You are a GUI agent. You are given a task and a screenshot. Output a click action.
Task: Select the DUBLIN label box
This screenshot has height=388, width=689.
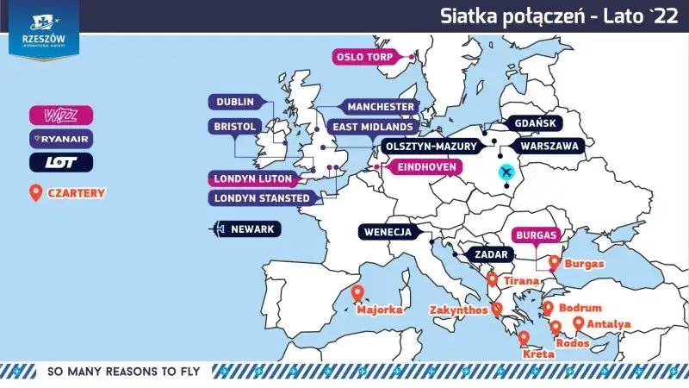click(x=233, y=102)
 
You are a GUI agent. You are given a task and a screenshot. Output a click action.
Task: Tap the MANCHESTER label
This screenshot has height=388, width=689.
click(x=380, y=107)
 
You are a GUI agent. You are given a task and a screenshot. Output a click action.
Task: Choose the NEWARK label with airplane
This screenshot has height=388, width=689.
click(x=248, y=229)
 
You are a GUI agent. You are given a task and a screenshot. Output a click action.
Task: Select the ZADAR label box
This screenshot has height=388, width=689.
click(x=489, y=255)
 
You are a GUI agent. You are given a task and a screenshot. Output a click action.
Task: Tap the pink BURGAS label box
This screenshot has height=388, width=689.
click(x=536, y=235)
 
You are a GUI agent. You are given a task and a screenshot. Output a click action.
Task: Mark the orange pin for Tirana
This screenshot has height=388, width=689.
click(x=492, y=279)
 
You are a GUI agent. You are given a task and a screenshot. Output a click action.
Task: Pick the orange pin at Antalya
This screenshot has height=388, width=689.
click(x=579, y=322)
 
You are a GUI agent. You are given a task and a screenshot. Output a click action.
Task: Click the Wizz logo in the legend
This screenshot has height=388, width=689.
click(x=61, y=114)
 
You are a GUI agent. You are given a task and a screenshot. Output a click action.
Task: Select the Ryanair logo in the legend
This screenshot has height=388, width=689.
click(x=61, y=137)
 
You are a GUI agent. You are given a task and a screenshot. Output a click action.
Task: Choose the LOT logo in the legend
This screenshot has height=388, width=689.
click(x=61, y=161)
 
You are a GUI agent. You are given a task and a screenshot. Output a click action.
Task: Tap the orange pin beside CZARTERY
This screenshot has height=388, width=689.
click(x=35, y=192)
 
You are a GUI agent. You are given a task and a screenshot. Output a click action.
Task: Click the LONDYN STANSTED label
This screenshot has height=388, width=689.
click(x=260, y=198)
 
